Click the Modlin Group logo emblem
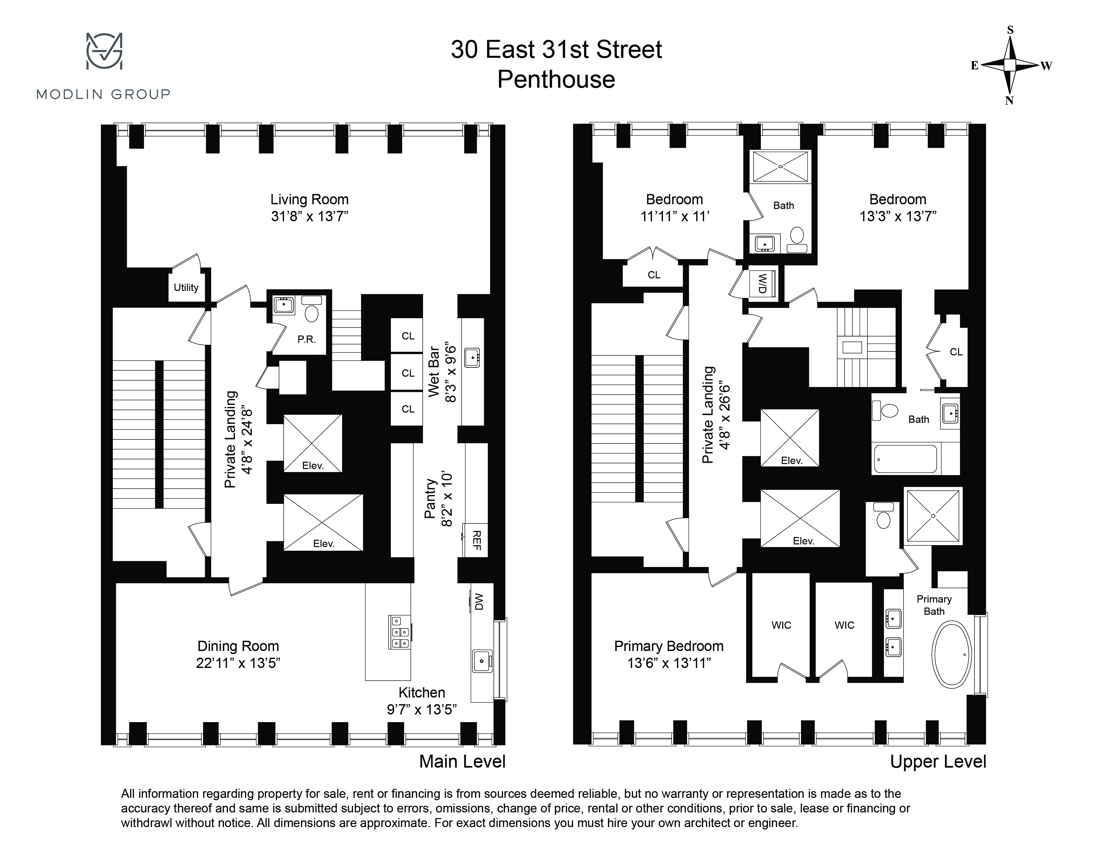tap(104, 51)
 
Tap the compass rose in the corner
tap(1010, 65)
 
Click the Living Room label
tap(309, 199)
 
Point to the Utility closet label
tap(186, 288)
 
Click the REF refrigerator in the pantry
tap(476, 540)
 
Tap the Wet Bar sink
tap(472, 358)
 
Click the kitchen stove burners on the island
tap(400, 632)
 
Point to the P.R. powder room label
tap(306, 339)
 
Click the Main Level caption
tap(462, 761)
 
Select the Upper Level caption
tap(938, 761)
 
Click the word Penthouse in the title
tap(556, 79)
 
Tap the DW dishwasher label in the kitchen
tap(478, 602)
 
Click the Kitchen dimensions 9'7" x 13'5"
tap(422, 709)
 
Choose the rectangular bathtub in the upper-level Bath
tap(906, 459)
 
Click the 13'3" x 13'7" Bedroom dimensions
tap(898, 216)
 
